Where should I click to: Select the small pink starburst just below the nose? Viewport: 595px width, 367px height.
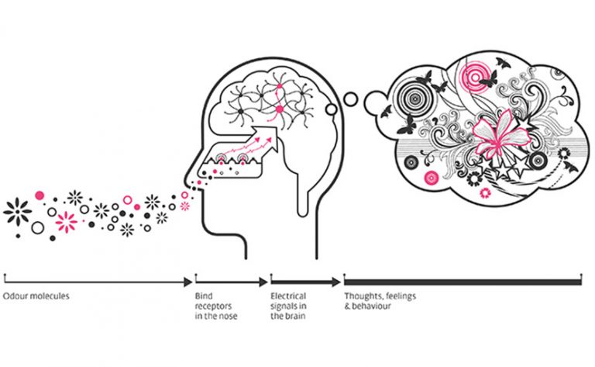[x=184, y=206]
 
